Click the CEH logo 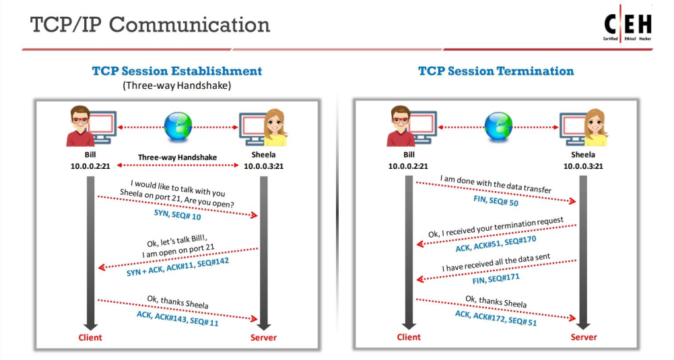tap(628, 24)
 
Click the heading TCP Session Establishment tap(176, 71)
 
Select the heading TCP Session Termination tap(496, 71)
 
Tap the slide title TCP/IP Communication tap(150, 25)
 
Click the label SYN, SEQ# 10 tap(178, 215)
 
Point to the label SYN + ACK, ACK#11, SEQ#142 tap(178, 266)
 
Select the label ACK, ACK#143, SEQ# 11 tap(178, 318)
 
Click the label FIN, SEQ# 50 tap(496, 201)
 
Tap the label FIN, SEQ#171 tap(496, 279)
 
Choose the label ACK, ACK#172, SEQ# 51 tap(496, 318)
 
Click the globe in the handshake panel tap(178, 127)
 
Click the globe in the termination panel tap(498, 127)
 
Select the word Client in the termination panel tap(408, 337)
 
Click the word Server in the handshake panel tap(263, 337)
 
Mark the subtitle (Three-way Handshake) tap(176, 85)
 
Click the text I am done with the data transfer tap(496, 184)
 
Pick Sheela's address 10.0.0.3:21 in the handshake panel tap(263, 166)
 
